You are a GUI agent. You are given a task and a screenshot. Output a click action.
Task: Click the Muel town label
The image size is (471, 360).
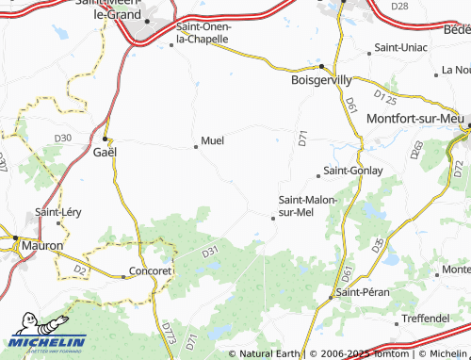[x=213, y=140]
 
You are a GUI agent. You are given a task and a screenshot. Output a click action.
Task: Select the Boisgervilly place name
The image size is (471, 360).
[x=322, y=81]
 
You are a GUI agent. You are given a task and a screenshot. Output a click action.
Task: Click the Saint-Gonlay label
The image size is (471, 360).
[x=352, y=171]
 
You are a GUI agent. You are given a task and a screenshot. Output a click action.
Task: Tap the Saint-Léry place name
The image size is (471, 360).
[x=58, y=212]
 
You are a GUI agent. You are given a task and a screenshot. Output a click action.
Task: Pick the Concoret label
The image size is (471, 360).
[x=153, y=270]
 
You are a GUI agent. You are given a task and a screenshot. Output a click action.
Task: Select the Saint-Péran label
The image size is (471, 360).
[x=364, y=292]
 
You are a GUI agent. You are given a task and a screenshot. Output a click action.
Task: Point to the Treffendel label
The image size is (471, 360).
[x=424, y=319]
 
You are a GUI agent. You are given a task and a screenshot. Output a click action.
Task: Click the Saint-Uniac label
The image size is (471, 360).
[x=401, y=47]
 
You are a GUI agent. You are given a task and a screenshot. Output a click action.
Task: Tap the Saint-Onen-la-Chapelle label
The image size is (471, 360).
[x=208, y=33]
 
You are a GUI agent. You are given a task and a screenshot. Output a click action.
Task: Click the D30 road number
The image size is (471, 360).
[x=63, y=139]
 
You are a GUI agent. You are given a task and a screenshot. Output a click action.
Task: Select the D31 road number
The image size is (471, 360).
[x=209, y=252]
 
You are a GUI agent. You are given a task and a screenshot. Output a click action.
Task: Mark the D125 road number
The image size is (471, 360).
[x=384, y=96]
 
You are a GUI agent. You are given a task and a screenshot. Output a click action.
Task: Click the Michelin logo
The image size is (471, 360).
[x=44, y=343]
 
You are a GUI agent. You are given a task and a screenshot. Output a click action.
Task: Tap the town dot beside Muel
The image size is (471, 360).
[x=196, y=146]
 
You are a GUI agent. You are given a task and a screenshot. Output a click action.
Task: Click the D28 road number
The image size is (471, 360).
[x=399, y=6]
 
